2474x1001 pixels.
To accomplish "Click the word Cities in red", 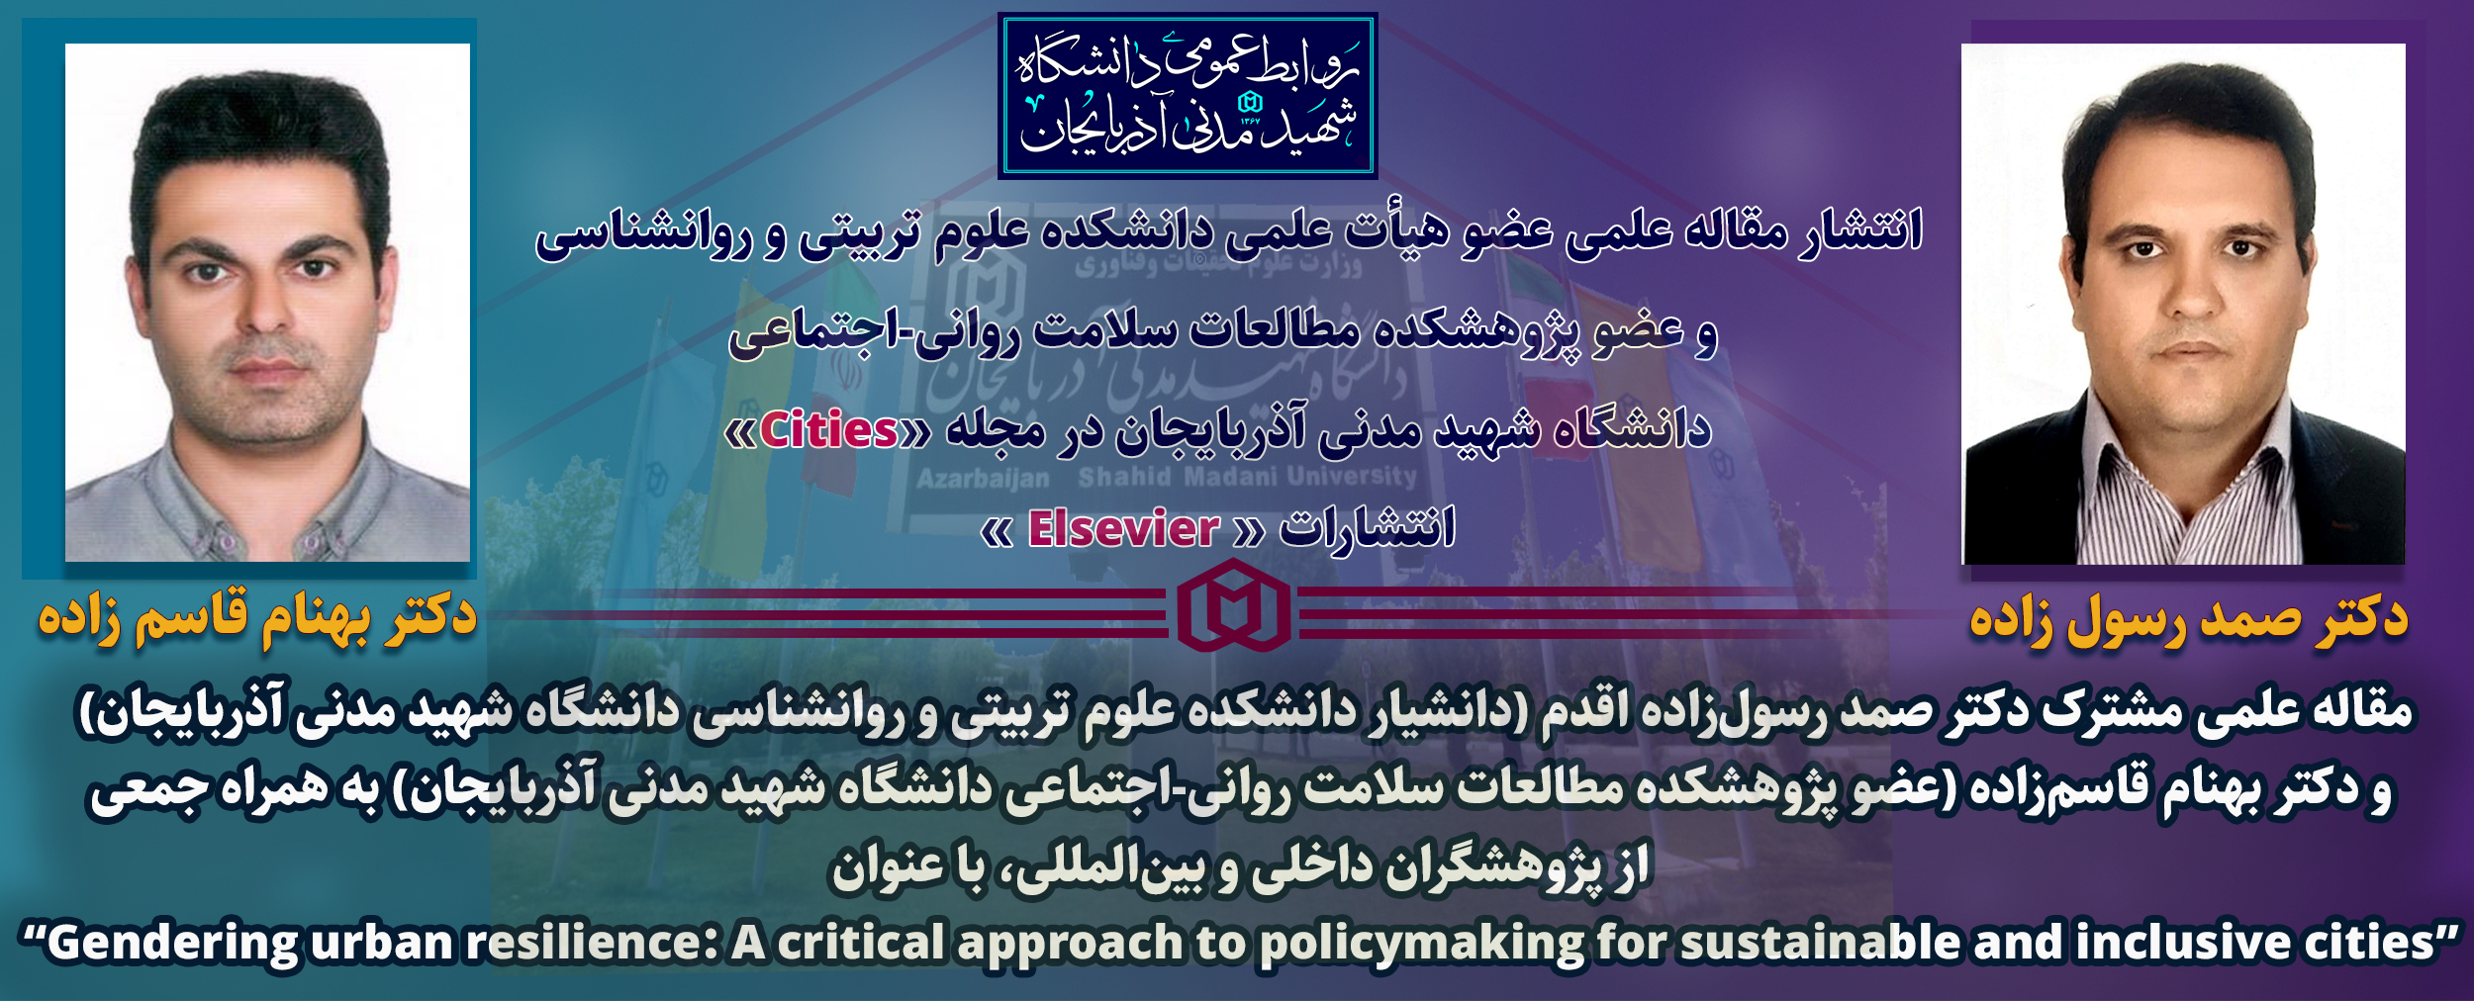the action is [828, 430].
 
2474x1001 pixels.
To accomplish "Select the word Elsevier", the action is [1123, 529].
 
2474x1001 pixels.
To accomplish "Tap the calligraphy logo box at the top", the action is [1188, 96].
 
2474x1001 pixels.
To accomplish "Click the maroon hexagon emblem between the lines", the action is [1234, 605].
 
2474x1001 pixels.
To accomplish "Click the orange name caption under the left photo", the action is [257, 619].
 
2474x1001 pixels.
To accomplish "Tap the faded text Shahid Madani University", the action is [1248, 477].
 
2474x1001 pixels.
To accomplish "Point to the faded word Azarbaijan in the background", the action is [983, 480].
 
